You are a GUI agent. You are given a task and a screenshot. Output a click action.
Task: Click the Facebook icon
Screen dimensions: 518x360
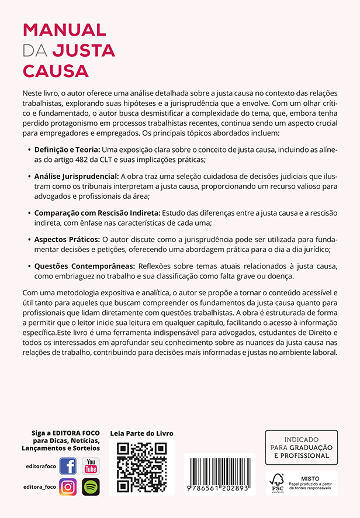coord(68,466)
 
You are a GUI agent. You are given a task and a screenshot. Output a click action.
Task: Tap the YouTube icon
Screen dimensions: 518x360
coord(91,466)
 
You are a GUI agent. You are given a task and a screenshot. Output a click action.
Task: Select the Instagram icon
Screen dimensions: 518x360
coord(68,486)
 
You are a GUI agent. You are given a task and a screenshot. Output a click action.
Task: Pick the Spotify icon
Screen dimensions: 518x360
coord(91,486)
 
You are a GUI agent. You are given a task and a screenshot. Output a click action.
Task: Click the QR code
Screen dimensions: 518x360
coord(142,467)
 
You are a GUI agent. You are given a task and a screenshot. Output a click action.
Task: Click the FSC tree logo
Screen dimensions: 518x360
coord(277,482)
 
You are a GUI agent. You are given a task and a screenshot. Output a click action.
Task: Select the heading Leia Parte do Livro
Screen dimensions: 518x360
coord(142,433)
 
